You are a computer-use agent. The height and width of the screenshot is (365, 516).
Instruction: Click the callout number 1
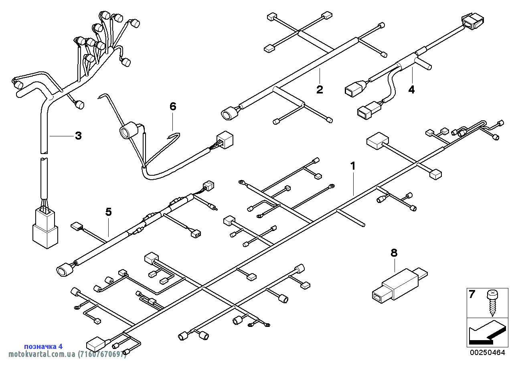(353, 166)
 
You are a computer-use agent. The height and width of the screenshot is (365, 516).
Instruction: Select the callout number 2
(320, 89)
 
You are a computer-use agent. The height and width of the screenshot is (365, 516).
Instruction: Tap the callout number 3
(78, 136)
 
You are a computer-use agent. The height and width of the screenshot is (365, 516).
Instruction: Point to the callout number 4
(411, 89)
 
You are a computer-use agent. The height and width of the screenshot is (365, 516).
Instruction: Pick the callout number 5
(109, 211)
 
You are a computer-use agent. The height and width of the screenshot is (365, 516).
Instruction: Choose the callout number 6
(173, 106)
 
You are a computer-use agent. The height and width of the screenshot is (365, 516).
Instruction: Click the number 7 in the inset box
(472, 294)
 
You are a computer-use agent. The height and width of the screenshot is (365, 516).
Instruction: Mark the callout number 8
(394, 253)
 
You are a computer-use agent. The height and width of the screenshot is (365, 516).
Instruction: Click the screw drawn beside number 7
(492, 302)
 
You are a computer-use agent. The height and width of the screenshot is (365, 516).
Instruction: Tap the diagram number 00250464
(488, 353)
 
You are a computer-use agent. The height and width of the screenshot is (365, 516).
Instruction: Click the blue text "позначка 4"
(43, 346)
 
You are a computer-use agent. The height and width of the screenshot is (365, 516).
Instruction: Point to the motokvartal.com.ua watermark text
(67, 355)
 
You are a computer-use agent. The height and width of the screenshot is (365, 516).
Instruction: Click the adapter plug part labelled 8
(400, 285)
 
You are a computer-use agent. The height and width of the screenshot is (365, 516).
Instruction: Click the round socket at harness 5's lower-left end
(65, 270)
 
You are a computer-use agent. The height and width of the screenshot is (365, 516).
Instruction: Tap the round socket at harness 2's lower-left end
(229, 113)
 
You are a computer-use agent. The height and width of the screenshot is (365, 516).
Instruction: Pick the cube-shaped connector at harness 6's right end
(225, 140)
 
